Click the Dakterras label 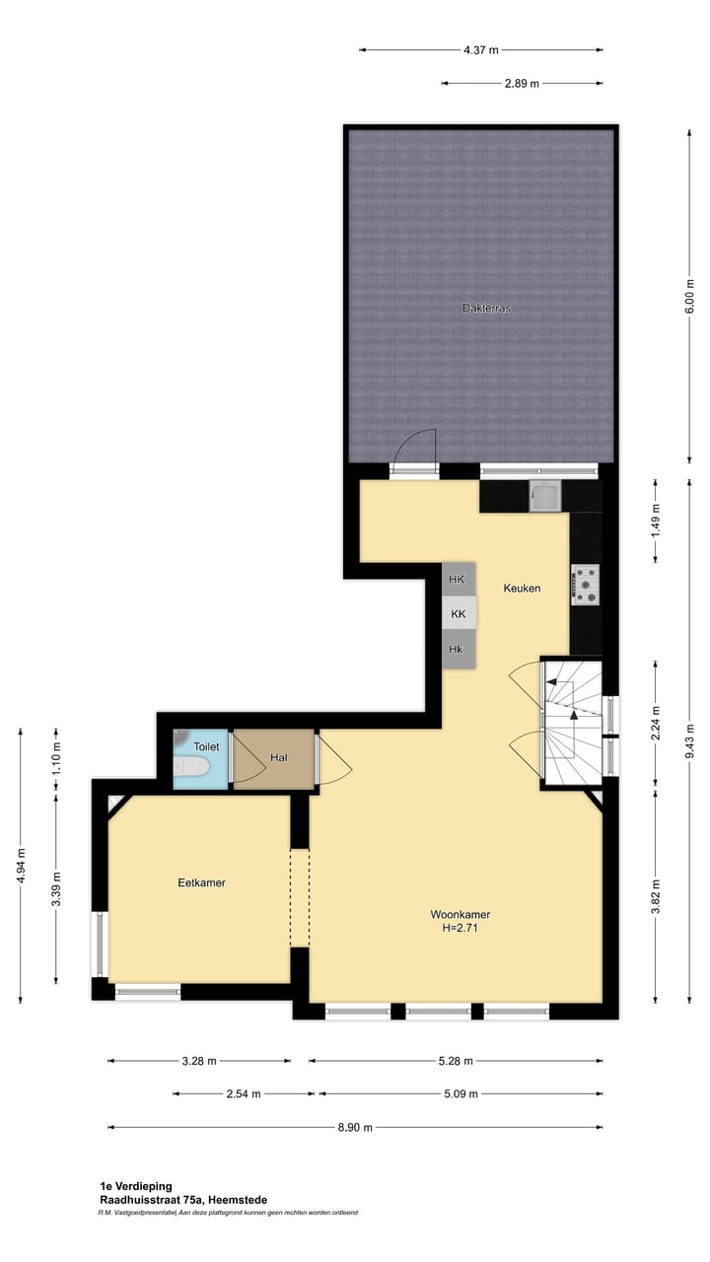(x=486, y=308)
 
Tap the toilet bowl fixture (x=190, y=766)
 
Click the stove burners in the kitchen (x=585, y=584)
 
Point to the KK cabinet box (x=458, y=613)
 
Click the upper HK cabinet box (x=457, y=580)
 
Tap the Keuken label (x=522, y=588)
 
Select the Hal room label (x=278, y=757)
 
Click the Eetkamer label (x=201, y=882)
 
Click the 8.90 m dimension (x=355, y=1127)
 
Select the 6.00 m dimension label (x=690, y=295)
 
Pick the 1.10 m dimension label (x=56, y=757)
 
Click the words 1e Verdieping (x=136, y=1186)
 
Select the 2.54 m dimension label (x=244, y=1093)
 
